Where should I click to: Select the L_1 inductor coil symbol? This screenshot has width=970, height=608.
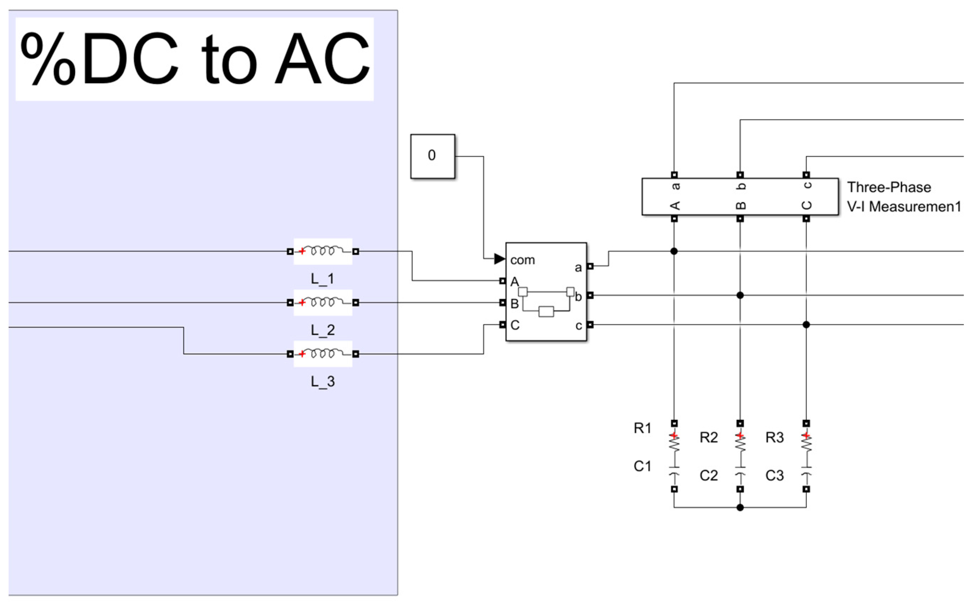(x=323, y=251)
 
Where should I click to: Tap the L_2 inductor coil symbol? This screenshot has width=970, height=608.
(x=323, y=302)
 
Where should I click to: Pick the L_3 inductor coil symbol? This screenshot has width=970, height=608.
(x=323, y=353)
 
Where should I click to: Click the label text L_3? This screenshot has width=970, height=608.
(x=323, y=381)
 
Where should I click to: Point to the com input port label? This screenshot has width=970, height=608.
(x=522, y=260)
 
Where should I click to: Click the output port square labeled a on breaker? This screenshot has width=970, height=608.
(x=590, y=266)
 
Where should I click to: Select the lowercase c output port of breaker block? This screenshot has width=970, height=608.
(x=590, y=325)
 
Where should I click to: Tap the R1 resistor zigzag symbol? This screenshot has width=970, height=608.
(x=674, y=444)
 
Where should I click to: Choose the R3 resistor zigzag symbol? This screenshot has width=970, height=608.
(x=806, y=444)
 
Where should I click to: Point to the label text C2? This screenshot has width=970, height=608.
(x=709, y=475)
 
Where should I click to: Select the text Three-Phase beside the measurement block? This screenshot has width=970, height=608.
(x=889, y=187)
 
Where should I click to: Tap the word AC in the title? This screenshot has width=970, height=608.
(x=322, y=59)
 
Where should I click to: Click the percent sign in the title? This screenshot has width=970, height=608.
(x=47, y=59)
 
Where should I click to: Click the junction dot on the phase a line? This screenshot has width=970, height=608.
(x=674, y=251)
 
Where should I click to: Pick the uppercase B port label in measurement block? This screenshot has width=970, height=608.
(x=741, y=205)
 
